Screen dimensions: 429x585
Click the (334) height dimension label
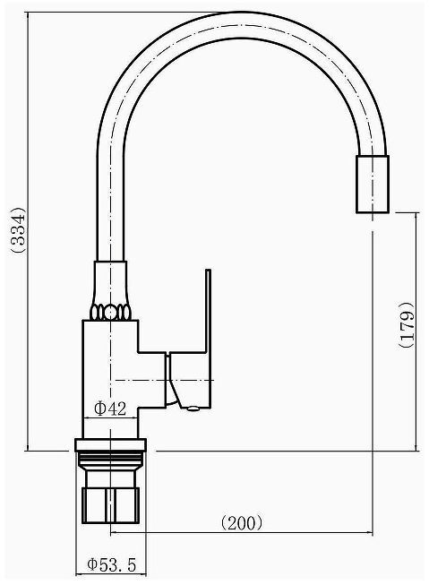coord(18,230)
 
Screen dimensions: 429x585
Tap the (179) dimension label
coord(407,324)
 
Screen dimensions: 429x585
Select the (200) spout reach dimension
coord(241,523)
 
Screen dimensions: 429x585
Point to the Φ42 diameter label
coord(110,409)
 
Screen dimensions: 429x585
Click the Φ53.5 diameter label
coord(112,565)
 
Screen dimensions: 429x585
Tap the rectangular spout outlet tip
coord(373,185)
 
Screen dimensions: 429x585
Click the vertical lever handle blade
coord(208,310)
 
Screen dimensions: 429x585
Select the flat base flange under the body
coord(110,445)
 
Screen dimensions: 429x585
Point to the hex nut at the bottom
coord(110,504)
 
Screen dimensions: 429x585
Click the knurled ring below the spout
coord(110,312)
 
